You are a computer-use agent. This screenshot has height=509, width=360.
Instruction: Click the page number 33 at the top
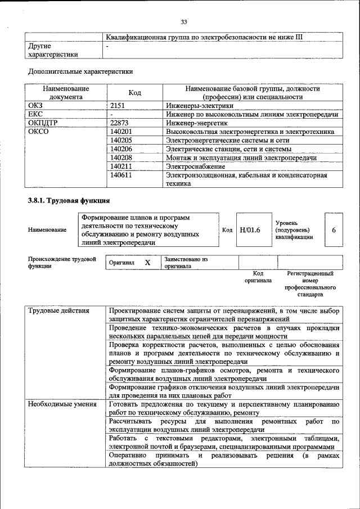pyautogui.click(x=183, y=22)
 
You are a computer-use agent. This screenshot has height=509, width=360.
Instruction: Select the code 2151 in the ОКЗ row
pyautogui.click(x=117, y=105)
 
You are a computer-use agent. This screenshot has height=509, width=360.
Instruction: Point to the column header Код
pyautogui.click(x=134, y=93)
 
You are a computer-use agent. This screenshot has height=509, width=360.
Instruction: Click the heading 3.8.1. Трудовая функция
pyautogui.click(x=69, y=201)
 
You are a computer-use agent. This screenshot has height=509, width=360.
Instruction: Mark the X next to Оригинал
pyautogui.click(x=147, y=263)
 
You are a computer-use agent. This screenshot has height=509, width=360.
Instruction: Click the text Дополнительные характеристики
pyautogui.click(x=80, y=72)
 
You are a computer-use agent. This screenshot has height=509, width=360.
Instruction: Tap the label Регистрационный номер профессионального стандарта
pyautogui.click(x=310, y=283)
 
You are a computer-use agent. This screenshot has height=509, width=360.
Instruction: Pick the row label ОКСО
pyautogui.click(x=38, y=132)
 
